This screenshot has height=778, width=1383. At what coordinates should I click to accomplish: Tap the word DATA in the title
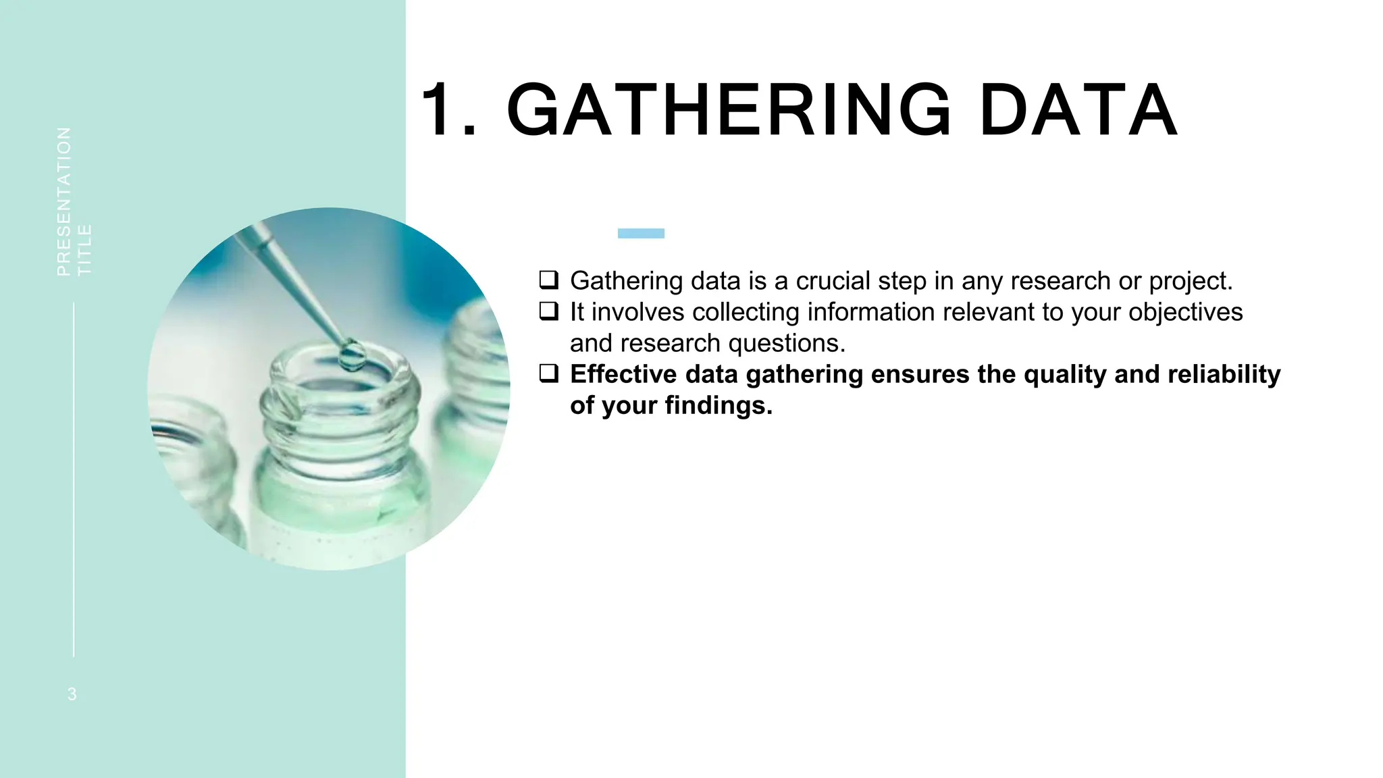click(x=1078, y=110)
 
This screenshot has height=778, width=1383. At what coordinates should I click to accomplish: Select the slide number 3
click(x=72, y=694)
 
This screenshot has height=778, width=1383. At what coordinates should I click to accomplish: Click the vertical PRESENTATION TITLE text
click(x=74, y=201)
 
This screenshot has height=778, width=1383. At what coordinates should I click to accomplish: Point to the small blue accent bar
click(x=641, y=233)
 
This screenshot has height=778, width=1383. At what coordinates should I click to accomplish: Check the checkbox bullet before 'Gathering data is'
click(x=548, y=279)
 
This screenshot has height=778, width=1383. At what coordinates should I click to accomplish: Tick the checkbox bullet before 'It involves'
click(x=548, y=311)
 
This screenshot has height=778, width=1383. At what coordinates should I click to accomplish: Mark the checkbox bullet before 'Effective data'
click(x=548, y=373)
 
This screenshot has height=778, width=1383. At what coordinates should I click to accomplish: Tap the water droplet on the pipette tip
click(x=351, y=355)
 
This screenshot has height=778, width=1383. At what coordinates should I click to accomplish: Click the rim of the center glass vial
click(x=341, y=378)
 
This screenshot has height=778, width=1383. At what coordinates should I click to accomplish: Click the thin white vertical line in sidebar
click(x=74, y=479)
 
